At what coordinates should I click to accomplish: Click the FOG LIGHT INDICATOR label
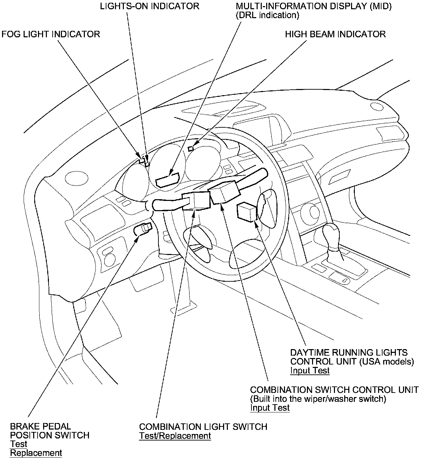pyautogui.click(x=51, y=34)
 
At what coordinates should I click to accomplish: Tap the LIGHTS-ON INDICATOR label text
pyautogui.click(x=150, y=6)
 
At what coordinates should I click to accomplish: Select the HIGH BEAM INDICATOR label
pyautogui.click(x=335, y=34)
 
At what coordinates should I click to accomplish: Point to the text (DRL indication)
pyautogui.click(x=267, y=15)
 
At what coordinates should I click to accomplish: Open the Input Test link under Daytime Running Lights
pyautogui.click(x=310, y=370)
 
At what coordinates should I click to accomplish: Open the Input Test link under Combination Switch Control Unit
pyautogui.click(x=270, y=408)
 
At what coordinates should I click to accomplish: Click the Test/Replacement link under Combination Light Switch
pyautogui.click(x=175, y=436)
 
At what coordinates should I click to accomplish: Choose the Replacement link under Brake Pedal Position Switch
pyautogui.click(x=36, y=453)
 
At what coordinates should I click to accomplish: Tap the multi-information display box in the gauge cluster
pyautogui.click(x=167, y=180)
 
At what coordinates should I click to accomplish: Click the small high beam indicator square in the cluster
pyautogui.click(x=191, y=148)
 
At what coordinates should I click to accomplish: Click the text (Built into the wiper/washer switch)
pyautogui.click(x=318, y=399)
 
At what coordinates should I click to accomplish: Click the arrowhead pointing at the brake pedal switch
pyautogui.click(x=137, y=238)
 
